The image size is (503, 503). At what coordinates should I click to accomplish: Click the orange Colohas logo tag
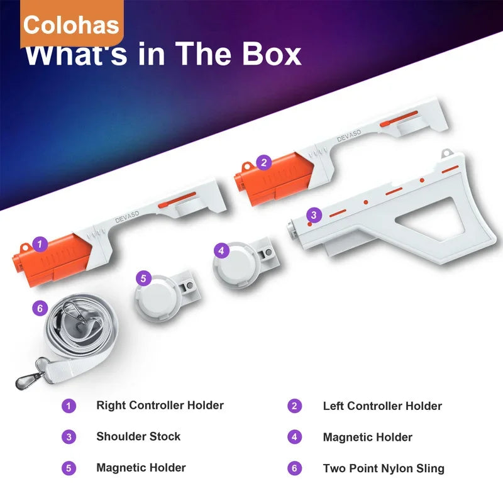click(x=70, y=25)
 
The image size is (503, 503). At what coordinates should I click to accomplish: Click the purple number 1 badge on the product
click(x=40, y=242)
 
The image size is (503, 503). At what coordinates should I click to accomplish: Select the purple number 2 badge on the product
click(x=264, y=162)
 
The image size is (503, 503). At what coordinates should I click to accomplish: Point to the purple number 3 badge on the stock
click(x=313, y=215)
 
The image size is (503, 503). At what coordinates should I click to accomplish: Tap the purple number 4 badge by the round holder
click(x=220, y=250)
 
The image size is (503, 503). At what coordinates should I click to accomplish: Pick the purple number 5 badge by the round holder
click(x=143, y=277)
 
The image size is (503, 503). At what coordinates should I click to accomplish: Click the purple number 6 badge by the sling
click(x=39, y=308)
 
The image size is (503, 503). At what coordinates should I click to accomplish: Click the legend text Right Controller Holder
click(x=160, y=406)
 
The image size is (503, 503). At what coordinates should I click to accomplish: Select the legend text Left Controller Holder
click(x=382, y=406)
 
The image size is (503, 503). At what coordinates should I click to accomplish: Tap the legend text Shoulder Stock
click(x=138, y=436)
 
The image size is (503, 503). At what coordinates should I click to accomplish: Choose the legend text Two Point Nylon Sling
click(x=384, y=468)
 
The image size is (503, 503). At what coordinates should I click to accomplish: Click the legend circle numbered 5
click(x=69, y=468)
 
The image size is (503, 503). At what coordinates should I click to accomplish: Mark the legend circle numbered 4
click(x=295, y=437)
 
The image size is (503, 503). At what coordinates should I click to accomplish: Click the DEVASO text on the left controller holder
click(x=348, y=136)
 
